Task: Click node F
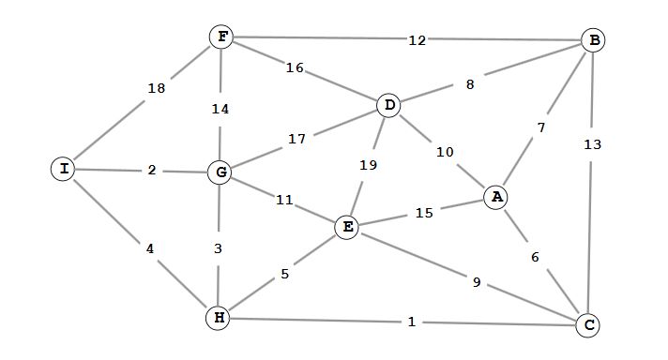tap(222, 37)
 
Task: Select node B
tap(593, 40)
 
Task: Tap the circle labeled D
tap(388, 105)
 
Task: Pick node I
tap(63, 169)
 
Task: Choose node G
tap(220, 172)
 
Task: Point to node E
tap(347, 227)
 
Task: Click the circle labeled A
tap(496, 197)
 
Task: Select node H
tap(219, 319)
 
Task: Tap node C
tap(587, 325)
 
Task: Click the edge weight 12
tap(417, 40)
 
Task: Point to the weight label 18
tap(156, 88)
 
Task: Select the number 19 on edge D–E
tap(369, 165)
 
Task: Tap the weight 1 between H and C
tap(411, 322)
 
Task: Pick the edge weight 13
tap(592, 144)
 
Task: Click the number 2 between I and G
tap(152, 171)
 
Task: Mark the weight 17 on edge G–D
tap(296, 139)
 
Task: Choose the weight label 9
tap(477, 281)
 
